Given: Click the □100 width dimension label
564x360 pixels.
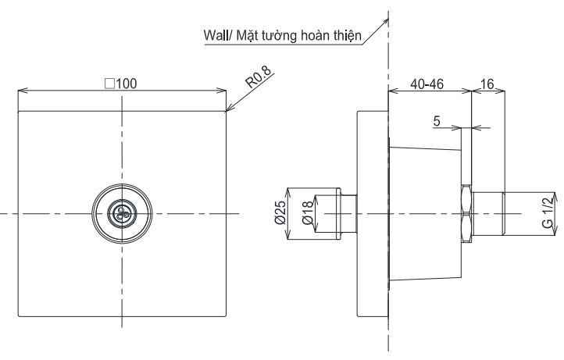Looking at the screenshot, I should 121,84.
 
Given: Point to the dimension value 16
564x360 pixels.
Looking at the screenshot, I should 487,84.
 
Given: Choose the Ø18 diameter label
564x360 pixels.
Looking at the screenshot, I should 307,212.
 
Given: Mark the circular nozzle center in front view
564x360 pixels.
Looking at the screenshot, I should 121,213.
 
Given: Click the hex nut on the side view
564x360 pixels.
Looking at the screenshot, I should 466,213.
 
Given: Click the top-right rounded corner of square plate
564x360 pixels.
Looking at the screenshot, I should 224,112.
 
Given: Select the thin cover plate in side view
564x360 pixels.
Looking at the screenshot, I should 372,213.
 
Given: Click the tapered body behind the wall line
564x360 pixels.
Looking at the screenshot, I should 426,213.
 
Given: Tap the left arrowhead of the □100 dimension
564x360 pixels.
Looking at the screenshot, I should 21,91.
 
